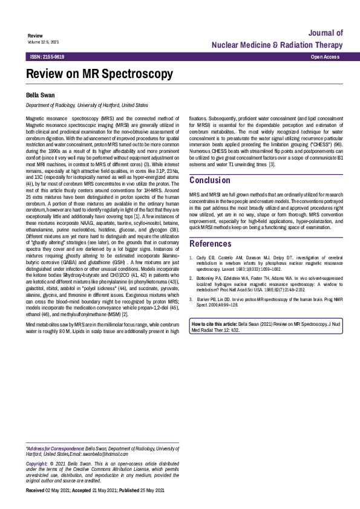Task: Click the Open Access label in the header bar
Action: tap(324, 56)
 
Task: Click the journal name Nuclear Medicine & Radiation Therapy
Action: tap(277, 45)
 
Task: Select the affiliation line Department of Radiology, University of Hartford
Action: tap(87, 105)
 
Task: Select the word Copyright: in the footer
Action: tap(37, 463)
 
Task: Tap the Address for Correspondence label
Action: tap(55, 449)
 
